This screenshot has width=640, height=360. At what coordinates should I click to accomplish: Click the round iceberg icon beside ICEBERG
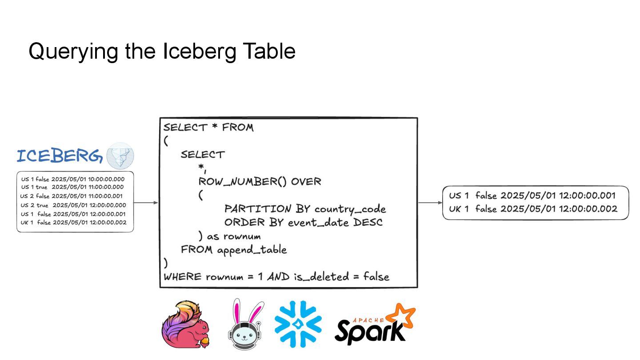[120, 156]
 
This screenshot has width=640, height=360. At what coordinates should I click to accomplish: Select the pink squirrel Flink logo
[186, 323]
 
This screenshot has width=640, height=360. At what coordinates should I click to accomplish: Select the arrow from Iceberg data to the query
[146, 203]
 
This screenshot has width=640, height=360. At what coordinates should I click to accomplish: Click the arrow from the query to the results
[430, 203]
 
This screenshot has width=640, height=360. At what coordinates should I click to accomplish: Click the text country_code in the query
[350, 209]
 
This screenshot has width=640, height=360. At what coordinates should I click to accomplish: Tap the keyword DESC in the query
[368, 222]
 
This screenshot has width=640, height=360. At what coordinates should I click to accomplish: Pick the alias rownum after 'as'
[242, 236]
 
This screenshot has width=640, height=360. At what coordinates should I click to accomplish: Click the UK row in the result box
[533, 209]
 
